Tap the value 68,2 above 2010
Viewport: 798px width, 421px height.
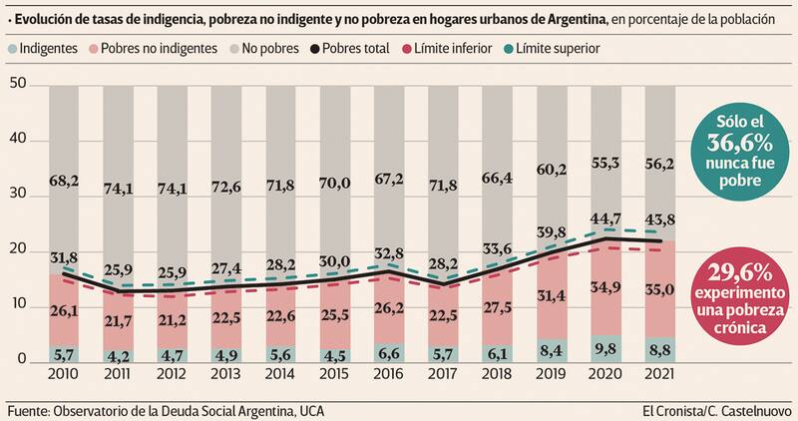pos(37,180)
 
